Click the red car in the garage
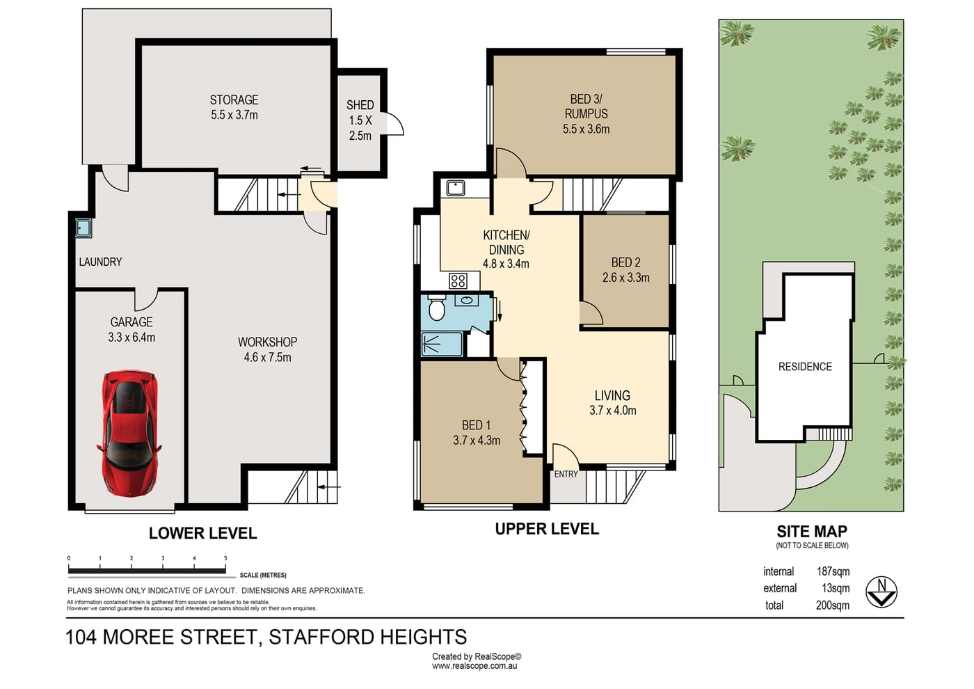[x=129, y=434]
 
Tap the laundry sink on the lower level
[x=83, y=228]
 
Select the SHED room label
[x=360, y=105]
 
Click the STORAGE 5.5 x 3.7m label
[x=234, y=107]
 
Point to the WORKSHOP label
[x=267, y=342]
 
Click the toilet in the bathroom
[x=436, y=308]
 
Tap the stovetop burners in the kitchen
[x=458, y=280]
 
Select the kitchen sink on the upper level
[x=455, y=189]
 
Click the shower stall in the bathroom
[x=441, y=344]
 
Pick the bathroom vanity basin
[x=467, y=300]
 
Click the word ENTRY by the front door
[x=566, y=474]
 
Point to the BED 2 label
[x=625, y=262]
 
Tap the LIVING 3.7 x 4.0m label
[x=613, y=402]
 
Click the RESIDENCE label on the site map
[x=805, y=367]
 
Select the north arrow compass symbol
[x=881, y=592]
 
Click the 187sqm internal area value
[x=833, y=571]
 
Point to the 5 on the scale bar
[x=225, y=558]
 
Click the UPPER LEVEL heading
[x=547, y=529]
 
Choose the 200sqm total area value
[x=833, y=605]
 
